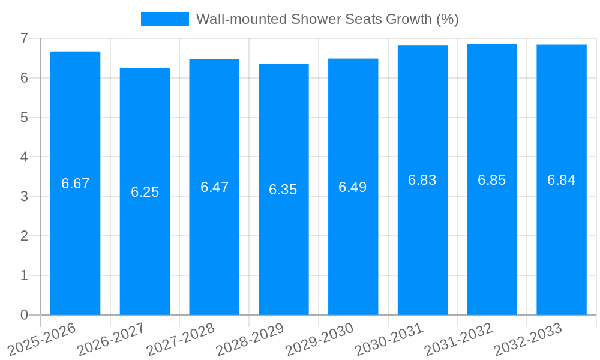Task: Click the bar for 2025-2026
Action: click(75, 240)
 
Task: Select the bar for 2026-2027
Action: click(145, 252)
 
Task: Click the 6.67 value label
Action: click(75, 184)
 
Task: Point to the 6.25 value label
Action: click(145, 192)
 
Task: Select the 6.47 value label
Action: click(214, 187)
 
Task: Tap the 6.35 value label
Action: click(283, 190)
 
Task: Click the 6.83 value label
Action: click(422, 180)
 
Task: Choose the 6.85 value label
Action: click(492, 180)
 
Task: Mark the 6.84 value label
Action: click(562, 180)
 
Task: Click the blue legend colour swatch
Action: click(164, 19)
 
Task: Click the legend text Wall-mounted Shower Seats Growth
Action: click(328, 19)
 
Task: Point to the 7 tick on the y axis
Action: click(24, 38)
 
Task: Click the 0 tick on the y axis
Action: click(24, 315)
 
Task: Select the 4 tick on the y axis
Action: click(24, 157)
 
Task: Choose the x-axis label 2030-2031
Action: click(389, 340)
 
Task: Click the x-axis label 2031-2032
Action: click(459, 340)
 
